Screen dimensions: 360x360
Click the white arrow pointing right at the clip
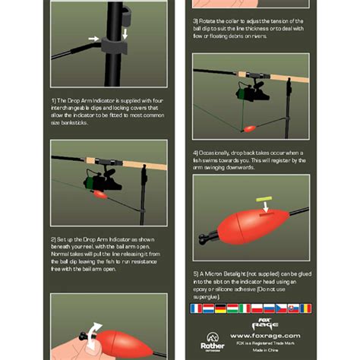click(93, 37)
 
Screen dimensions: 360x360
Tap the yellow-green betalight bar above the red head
click(264, 201)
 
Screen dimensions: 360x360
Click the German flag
click(220, 308)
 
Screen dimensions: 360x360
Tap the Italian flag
click(245, 308)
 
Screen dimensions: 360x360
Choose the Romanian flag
click(305, 308)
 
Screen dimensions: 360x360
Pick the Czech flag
click(281, 308)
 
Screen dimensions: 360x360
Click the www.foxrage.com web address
click(265, 335)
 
